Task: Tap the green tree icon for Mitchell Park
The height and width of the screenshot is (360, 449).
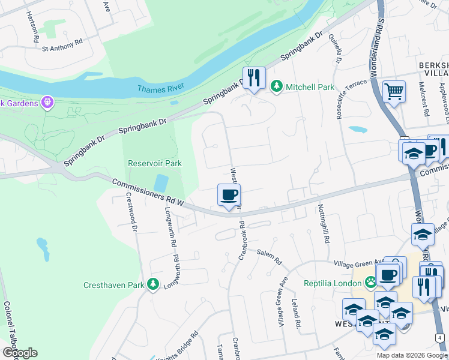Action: click(276, 87)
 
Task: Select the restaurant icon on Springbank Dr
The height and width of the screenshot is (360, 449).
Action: click(254, 78)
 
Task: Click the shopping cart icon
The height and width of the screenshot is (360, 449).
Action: click(394, 92)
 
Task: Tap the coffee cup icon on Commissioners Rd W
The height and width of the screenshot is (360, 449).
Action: click(229, 195)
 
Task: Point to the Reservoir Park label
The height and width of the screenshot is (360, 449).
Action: click(154, 163)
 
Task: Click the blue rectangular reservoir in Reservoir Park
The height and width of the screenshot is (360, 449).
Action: click(160, 183)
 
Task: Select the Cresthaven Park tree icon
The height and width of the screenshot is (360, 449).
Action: click(153, 284)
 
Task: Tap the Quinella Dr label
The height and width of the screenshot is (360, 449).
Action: click(335, 48)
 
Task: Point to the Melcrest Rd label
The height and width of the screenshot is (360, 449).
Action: click(424, 102)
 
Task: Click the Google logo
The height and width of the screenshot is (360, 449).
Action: click(20, 353)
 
